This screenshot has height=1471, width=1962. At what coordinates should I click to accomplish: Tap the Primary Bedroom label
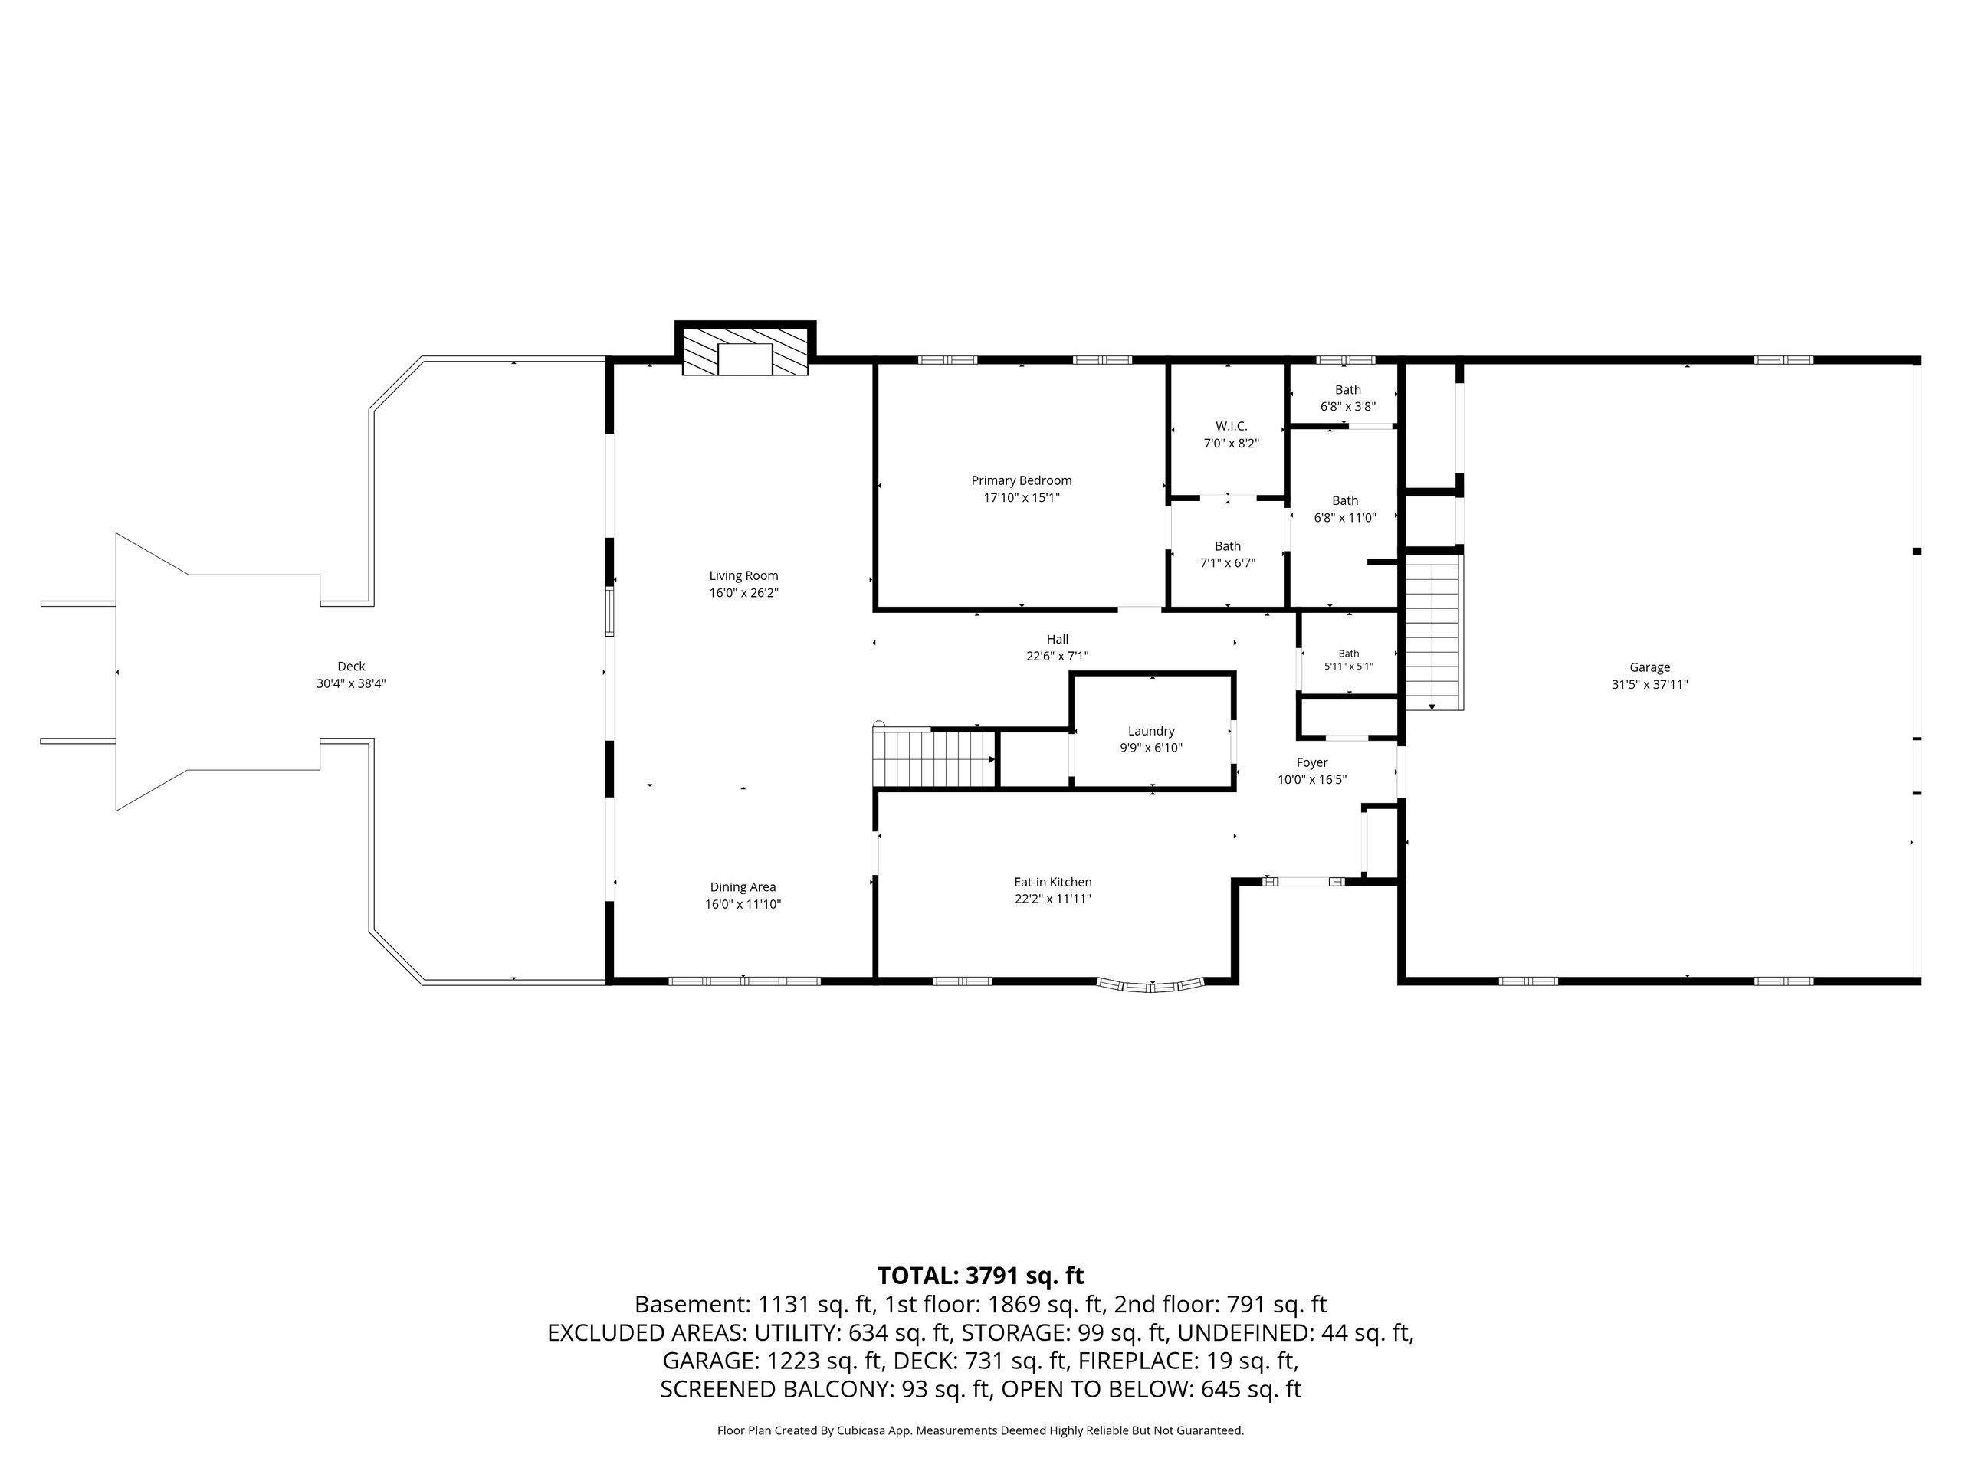1022,480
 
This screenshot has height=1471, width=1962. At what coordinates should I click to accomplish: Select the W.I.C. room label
1231,427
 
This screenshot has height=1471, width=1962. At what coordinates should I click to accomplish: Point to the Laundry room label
1151,731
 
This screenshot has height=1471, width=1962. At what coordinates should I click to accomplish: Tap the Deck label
351,667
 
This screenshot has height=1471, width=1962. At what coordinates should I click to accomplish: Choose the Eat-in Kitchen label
1053,883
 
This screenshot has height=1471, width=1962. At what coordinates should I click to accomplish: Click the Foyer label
1312,762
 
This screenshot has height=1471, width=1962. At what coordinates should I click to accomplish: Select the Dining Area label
743,886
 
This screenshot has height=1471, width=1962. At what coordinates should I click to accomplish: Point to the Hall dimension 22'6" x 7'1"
1058,656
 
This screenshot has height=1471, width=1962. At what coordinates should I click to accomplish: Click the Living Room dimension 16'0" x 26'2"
743,592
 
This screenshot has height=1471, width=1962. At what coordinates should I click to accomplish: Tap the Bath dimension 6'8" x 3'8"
1348,407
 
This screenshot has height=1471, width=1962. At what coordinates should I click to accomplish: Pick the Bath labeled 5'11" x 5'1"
1348,660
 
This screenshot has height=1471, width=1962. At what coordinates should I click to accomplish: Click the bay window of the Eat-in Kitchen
1151,985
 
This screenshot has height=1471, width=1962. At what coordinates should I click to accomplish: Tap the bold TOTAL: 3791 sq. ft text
980,1275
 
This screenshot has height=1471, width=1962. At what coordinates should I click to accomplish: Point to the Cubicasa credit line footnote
980,1430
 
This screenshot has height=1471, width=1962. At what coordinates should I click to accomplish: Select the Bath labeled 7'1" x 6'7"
1228,554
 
